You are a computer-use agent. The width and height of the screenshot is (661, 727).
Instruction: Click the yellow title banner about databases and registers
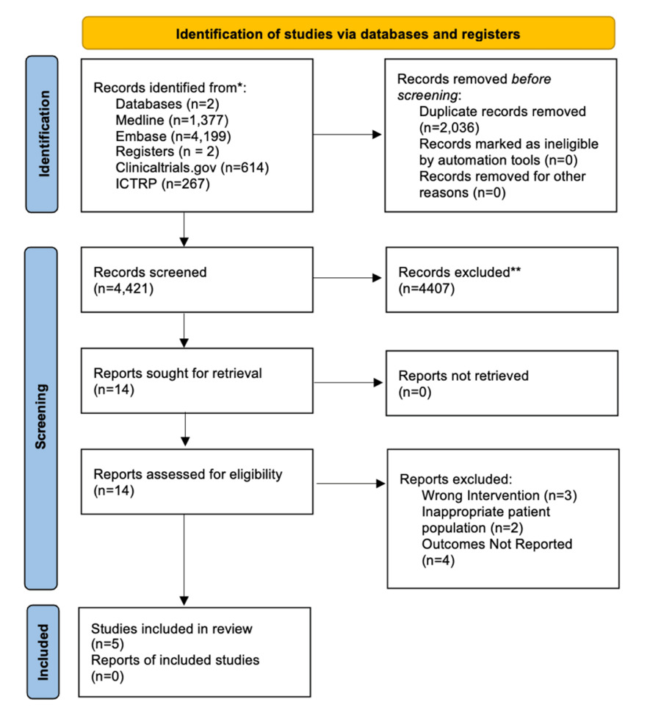(348, 33)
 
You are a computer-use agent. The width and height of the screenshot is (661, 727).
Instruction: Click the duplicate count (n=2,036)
(444, 128)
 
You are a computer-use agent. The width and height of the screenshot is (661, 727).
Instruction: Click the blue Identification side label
(46, 135)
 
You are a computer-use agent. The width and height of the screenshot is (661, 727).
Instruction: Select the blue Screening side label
(46, 418)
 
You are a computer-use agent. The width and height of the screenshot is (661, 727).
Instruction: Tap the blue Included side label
(46, 652)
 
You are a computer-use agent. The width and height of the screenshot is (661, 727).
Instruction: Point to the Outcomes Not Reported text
(496, 544)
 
